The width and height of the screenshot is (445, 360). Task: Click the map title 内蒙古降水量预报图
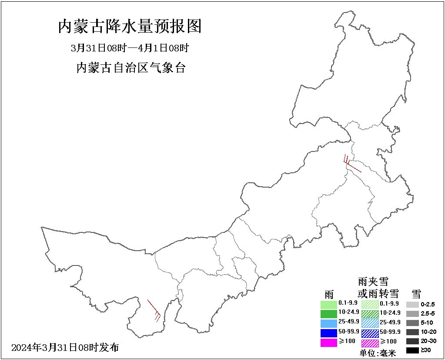130,27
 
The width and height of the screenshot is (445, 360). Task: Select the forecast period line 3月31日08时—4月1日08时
130,47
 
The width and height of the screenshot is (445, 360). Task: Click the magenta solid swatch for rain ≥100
329,343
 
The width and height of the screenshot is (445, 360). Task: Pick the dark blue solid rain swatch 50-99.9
329,333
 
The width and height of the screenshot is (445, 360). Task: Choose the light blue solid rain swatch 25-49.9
329,323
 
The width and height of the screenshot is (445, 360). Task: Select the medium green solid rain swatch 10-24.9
329,313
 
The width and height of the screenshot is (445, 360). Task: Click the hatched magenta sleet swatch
370,343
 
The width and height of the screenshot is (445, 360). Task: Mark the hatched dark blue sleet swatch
370,333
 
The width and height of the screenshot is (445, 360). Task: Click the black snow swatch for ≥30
412,350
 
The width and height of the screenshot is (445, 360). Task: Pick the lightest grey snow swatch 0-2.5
412,305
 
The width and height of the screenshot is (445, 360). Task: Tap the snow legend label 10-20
428,332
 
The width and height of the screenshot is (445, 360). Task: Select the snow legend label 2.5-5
428,313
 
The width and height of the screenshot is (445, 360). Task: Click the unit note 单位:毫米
378,353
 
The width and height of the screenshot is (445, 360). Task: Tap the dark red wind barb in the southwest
154,310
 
